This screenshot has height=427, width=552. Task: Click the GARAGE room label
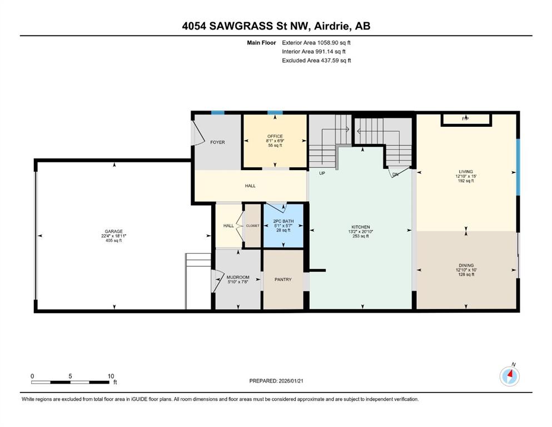click(114, 231)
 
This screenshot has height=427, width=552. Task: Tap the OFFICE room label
click(275, 136)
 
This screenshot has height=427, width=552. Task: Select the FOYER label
click(217, 142)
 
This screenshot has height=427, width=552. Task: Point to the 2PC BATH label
click(284, 221)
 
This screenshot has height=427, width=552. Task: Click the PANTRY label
click(283, 279)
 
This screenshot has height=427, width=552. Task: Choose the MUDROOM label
click(238, 277)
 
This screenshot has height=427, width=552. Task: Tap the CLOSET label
click(253, 226)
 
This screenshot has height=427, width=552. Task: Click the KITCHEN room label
click(361, 227)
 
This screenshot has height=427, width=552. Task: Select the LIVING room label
click(466, 171)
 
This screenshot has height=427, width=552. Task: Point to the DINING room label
click(466, 265)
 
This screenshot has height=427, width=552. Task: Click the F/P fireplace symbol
click(466, 119)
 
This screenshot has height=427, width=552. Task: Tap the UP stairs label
click(322, 173)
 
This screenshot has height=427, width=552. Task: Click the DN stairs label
click(395, 174)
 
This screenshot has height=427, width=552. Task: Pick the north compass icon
click(509, 376)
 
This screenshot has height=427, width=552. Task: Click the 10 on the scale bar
click(111, 376)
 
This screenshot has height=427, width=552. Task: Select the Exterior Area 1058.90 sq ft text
click(316, 43)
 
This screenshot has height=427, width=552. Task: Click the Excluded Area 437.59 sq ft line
click(316, 60)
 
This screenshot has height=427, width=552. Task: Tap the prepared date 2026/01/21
click(291, 381)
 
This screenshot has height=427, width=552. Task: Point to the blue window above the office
click(275, 113)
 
